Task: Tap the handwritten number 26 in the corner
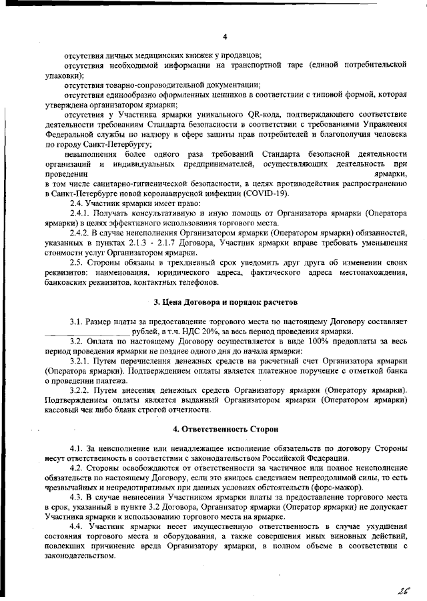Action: [x=402, y=590]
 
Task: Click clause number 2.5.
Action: [x=77, y=263]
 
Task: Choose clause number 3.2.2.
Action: [x=81, y=389]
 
